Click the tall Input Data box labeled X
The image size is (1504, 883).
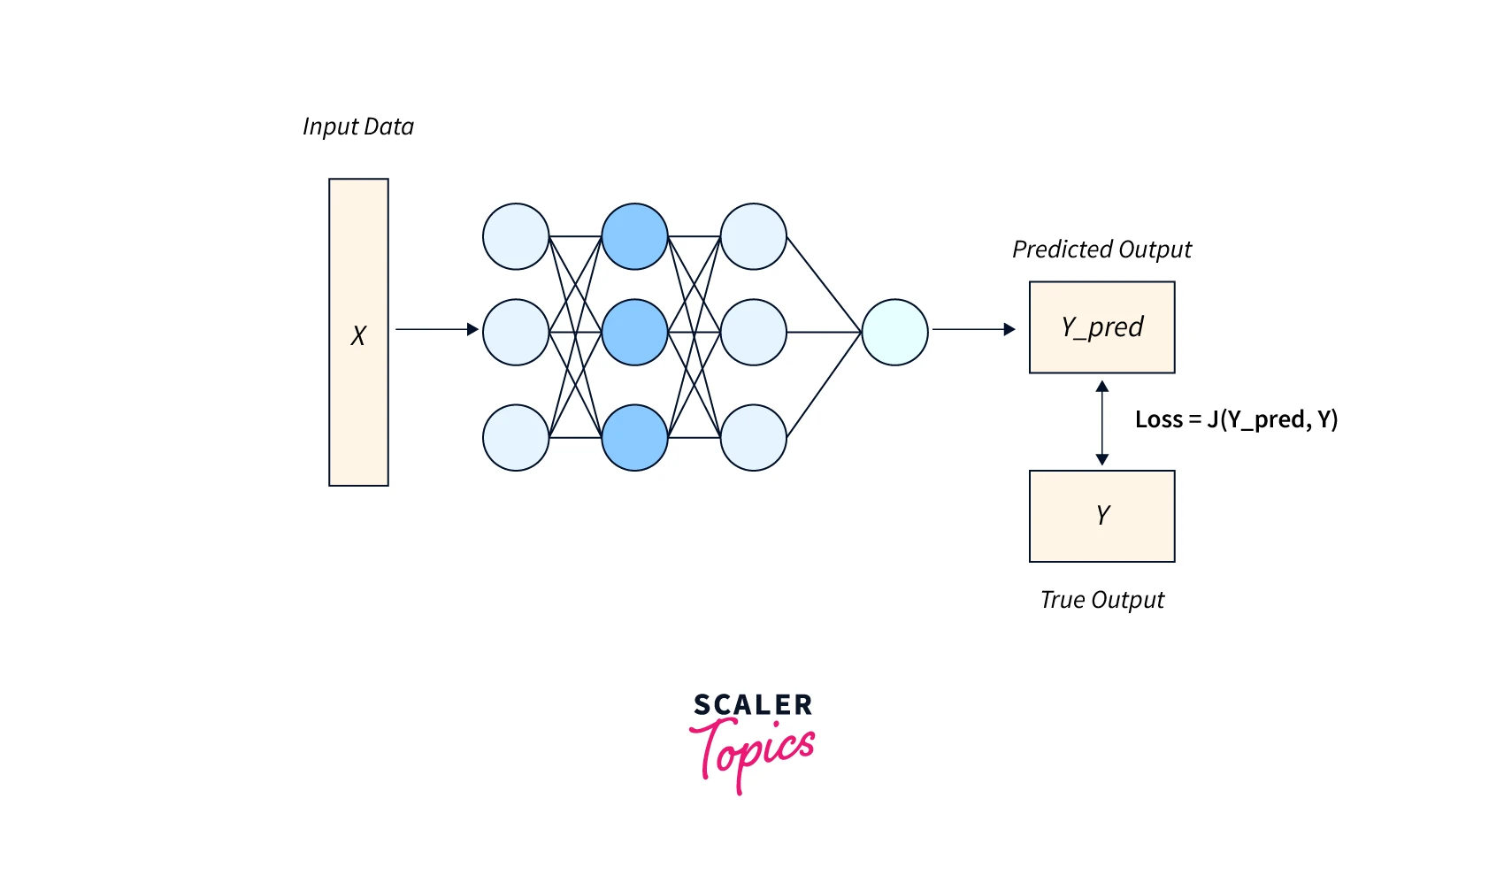point(358,332)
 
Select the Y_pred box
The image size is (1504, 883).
point(1101,327)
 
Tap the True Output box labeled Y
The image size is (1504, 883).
point(1101,516)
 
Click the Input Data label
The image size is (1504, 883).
point(358,127)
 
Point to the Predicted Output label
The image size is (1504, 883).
point(1101,250)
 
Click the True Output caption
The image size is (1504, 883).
point(1101,600)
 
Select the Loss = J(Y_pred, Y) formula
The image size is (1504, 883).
point(1236,419)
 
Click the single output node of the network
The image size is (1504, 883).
point(894,332)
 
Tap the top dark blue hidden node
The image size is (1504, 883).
point(634,236)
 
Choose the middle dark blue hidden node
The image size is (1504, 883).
point(634,332)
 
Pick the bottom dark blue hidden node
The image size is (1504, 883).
point(634,437)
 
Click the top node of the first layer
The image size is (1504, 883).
point(516,236)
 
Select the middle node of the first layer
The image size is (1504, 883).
point(516,332)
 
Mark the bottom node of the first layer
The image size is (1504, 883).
point(516,437)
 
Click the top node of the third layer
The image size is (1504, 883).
point(753,236)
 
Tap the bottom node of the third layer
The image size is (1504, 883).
point(753,437)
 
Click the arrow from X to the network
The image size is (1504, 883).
point(436,329)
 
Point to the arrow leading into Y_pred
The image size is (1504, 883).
point(973,329)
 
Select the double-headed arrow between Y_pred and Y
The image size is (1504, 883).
point(1101,422)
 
